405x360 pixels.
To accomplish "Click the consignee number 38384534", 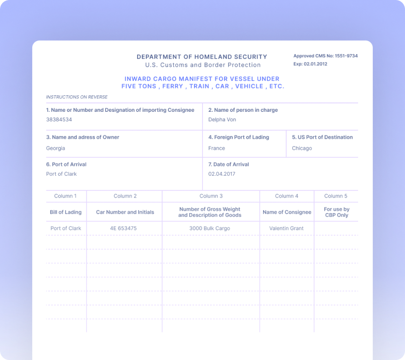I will coord(59,120).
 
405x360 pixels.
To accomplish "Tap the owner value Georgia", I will coord(55,148).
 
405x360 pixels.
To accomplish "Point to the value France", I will coord(217,148).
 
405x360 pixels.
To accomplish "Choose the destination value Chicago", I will coord(302,148).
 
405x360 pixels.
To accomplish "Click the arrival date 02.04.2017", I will coord(222,174).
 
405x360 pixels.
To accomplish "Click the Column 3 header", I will coord(211,196).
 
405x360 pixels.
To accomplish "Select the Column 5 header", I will coord(336,196).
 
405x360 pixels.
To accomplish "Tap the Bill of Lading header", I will coord(66,212).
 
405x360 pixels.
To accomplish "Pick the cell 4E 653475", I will coord(123,228).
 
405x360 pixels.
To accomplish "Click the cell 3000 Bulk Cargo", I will coord(210,228).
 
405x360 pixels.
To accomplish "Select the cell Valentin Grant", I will coord(286,228).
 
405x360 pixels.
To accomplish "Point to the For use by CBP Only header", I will coord(336,212).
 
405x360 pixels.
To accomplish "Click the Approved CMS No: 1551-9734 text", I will coord(326,56).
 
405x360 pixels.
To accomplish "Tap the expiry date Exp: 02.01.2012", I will coord(310,64).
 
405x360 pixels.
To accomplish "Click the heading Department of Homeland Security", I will coord(202,57).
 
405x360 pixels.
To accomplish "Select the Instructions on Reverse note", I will coord(77,97).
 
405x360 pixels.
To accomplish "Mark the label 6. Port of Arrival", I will coord(66,164).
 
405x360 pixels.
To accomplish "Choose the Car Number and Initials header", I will coord(125,212).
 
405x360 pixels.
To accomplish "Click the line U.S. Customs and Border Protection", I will coord(203,65).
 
